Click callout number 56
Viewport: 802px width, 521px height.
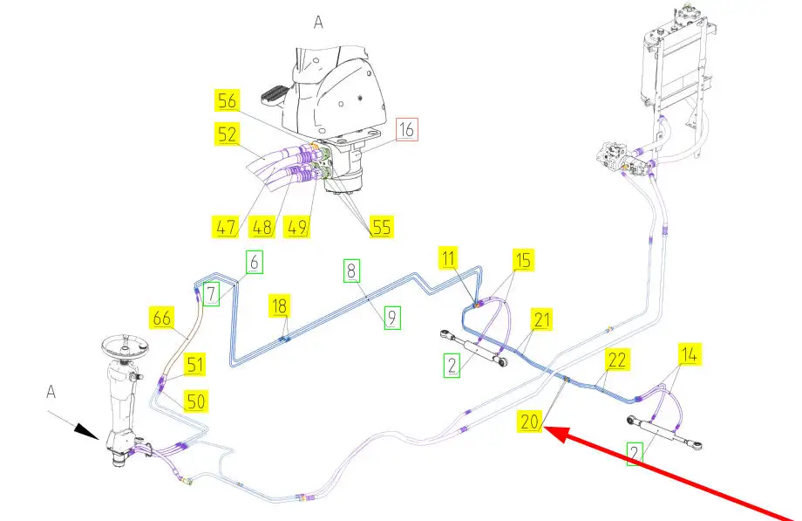coord(228,101)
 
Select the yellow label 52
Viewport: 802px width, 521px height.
coord(228,134)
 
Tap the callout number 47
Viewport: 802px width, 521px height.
coord(226,229)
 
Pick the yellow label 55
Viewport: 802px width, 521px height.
coord(379,226)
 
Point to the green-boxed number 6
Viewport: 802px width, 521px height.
coord(253,260)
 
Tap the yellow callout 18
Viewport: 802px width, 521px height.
coord(280,306)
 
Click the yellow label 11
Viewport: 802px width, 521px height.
coord(449,259)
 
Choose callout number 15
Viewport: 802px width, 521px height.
coord(522,260)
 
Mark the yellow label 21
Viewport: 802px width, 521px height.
coord(542,320)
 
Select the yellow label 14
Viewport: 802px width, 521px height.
coord(689,354)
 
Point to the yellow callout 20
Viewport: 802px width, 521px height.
coord(530,422)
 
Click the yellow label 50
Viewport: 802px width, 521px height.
coord(195,401)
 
